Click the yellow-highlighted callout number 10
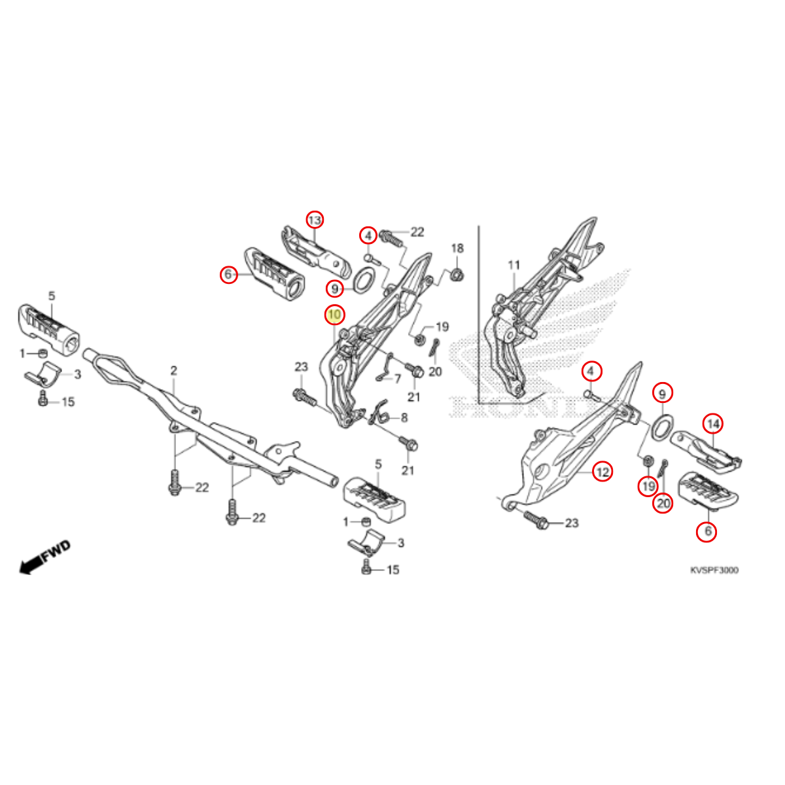[334, 315]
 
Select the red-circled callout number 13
[315, 220]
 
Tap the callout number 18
[457, 248]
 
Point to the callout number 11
[514, 265]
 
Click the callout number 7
[398, 379]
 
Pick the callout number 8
[404, 417]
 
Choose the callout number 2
[173, 371]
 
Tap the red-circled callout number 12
[602, 472]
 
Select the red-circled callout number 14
[713, 424]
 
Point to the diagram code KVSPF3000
[714, 570]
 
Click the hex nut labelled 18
[457, 275]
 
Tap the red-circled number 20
[663, 504]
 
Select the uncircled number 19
[442, 326]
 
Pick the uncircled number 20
[435, 372]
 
